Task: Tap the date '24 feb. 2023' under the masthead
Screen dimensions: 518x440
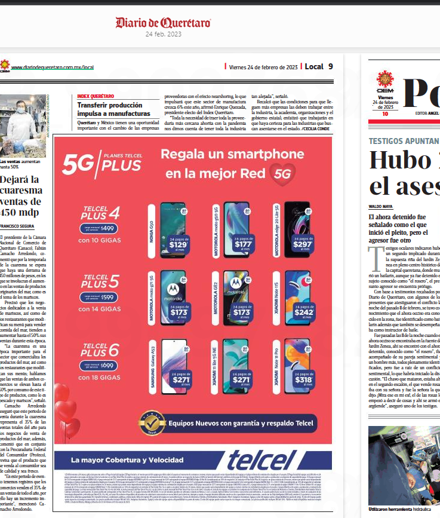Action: click(x=163, y=35)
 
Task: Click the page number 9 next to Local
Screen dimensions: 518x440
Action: click(x=330, y=66)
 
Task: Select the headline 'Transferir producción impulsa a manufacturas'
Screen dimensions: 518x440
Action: click(x=113, y=109)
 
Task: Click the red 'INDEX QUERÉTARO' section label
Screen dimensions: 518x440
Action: click(x=96, y=96)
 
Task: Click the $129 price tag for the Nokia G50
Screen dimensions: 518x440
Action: click(x=178, y=244)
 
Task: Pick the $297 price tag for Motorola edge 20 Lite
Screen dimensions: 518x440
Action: click(x=302, y=244)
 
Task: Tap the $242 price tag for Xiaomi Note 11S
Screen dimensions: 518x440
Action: click(x=302, y=312)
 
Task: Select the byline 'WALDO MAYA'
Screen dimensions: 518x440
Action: click(x=381, y=206)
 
